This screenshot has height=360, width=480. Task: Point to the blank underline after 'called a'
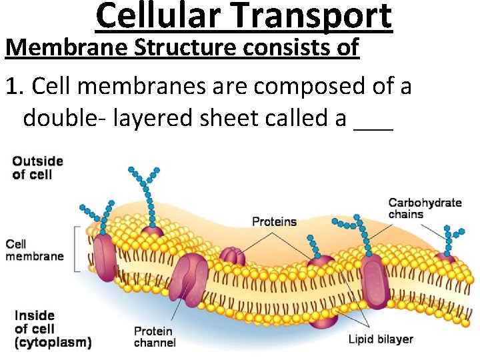point(374,123)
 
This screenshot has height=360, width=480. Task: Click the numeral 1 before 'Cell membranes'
point(11,85)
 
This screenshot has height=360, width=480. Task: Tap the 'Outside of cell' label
point(37,167)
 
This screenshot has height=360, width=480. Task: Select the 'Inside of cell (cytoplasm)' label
point(52,329)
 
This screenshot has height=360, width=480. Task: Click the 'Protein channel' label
point(155,337)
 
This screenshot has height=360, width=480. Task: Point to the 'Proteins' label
point(274,221)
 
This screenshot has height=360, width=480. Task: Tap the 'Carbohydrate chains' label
point(425,208)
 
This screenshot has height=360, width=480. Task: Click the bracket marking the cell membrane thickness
point(79,249)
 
